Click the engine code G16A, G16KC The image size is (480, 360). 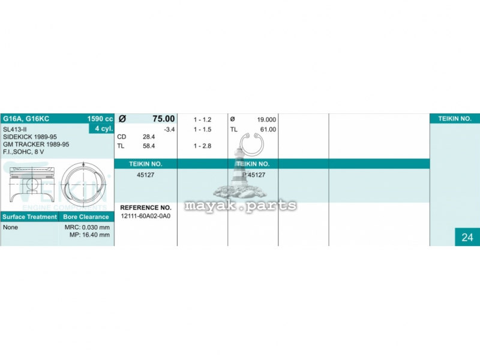click(x=26, y=119)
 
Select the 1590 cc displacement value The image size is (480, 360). click(x=100, y=119)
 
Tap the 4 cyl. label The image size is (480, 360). click(x=104, y=128)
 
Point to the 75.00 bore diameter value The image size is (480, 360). click(x=163, y=119)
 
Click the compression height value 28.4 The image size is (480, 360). click(x=149, y=137)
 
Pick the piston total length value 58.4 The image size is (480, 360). click(x=149, y=146)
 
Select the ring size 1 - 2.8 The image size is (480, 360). click(x=202, y=146)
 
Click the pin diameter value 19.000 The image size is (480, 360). click(x=266, y=119)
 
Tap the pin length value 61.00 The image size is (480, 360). click(x=268, y=130)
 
